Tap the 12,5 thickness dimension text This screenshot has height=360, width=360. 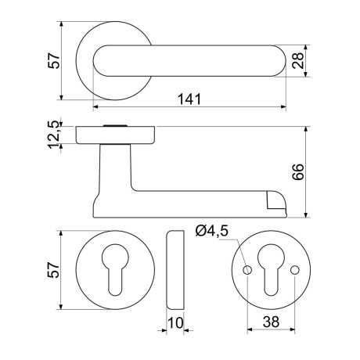(x=53, y=135)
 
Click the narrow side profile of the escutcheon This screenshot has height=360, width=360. (x=177, y=270)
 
